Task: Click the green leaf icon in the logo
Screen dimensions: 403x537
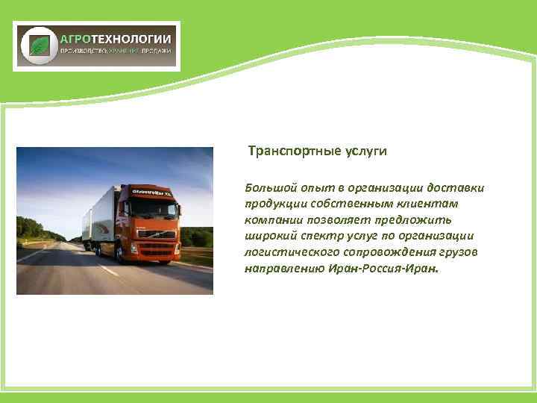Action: coord(37,46)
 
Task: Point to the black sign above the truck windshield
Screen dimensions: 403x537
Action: coord(151,192)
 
